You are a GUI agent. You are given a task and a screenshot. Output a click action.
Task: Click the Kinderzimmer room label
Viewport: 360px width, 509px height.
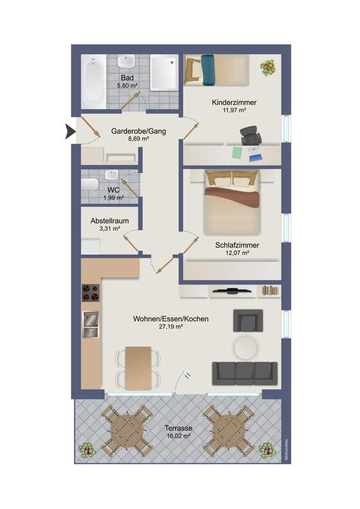[x=234, y=102]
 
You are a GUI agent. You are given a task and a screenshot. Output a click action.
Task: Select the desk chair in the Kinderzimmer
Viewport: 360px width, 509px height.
[x=251, y=135]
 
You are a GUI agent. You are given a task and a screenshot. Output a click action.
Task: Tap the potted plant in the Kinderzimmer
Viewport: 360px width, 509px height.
[x=267, y=67]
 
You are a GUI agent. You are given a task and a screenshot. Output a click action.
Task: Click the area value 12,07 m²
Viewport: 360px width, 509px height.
[x=237, y=253]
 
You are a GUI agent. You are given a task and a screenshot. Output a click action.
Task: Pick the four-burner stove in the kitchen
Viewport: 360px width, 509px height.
[x=91, y=293]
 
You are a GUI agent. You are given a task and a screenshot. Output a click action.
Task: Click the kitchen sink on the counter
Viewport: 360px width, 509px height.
[x=91, y=325]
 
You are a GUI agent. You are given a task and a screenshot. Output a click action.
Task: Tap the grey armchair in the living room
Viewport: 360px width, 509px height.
[x=248, y=320]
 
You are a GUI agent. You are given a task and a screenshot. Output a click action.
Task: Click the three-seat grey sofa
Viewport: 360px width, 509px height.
[x=244, y=373]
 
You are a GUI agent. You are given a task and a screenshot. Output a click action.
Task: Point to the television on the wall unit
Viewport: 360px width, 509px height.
[x=232, y=292]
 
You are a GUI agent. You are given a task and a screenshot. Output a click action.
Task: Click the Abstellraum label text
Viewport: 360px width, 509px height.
[x=110, y=221]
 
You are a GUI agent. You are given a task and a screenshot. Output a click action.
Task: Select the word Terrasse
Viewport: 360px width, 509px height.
[x=178, y=428]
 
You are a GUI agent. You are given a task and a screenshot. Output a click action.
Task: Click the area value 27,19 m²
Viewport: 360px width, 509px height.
[x=171, y=326]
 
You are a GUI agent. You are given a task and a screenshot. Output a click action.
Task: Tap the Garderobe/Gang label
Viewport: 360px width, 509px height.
[x=138, y=131]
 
